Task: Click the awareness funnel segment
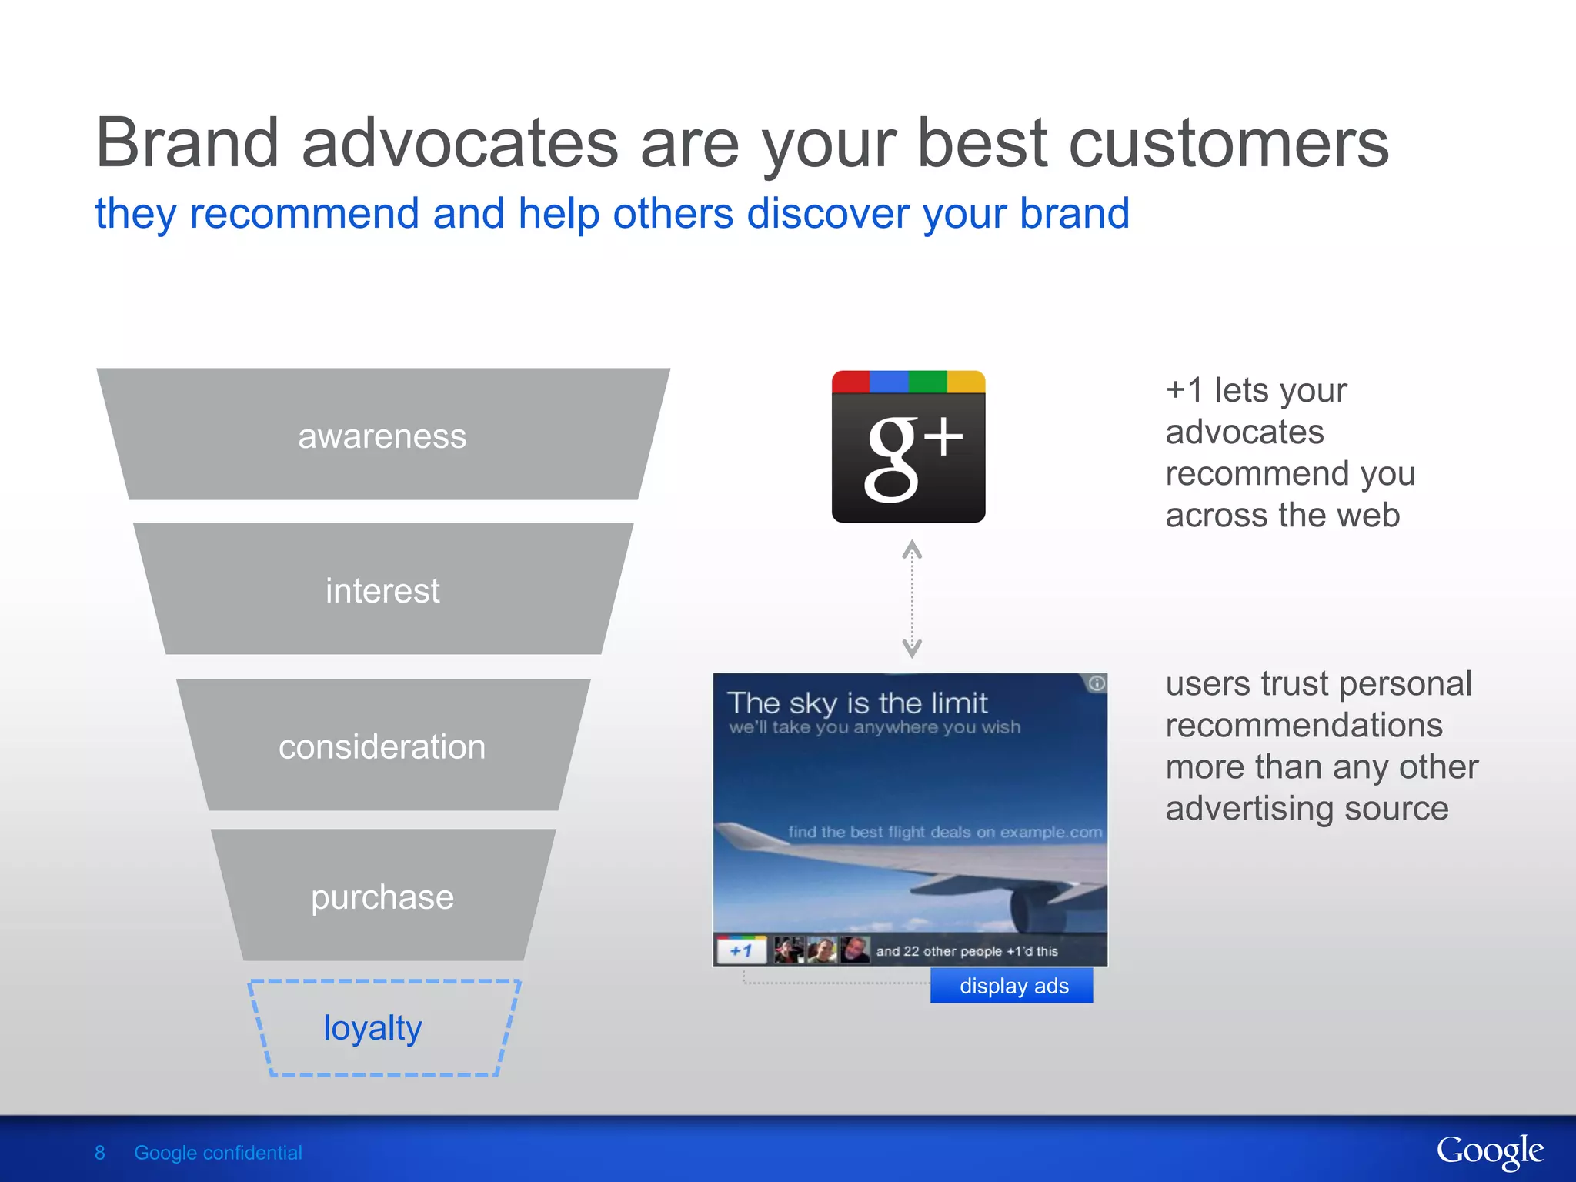pyautogui.click(x=382, y=436)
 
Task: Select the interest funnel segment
pyautogui.click(x=382, y=590)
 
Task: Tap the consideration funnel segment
pyautogui.click(x=382, y=746)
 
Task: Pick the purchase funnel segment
pyautogui.click(x=382, y=897)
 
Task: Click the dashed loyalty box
pyautogui.click(x=382, y=1028)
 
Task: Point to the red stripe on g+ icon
pyautogui.click(x=850, y=382)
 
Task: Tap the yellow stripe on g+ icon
pyautogui.click(x=966, y=382)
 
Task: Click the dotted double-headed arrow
pyautogui.click(x=912, y=599)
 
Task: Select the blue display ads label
pyautogui.click(x=1012, y=986)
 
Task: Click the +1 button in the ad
pyautogui.click(x=741, y=951)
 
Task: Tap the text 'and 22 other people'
pyautogui.click(x=939, y=951)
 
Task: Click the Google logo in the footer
pyautogui.click(x=1489, y=1152)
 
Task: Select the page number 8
pyautogui.click(x=99, y=1153)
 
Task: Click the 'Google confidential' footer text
pyautogui.click(x=218, y=1153)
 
